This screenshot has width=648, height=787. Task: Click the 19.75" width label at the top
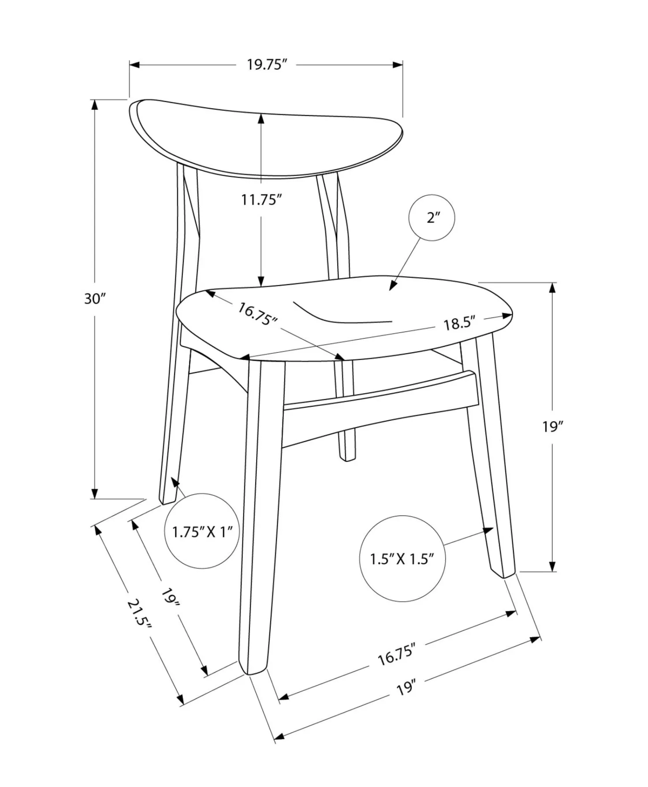pyautogui.click(x=267, y=65)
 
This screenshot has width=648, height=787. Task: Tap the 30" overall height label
pyautogui.click(x=96, y=299)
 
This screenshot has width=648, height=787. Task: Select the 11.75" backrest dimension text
pyautogui.click(x=261, y=200)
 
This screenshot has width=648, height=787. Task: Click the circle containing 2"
pyautogui.click(x=432, y=217)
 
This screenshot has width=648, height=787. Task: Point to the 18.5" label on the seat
pyautogui.click(x=459, y=323)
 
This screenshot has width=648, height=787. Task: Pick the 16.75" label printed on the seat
pyautogui.click(x=257, y=314)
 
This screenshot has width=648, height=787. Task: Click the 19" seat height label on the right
pyautogui.click(x=553, y=427)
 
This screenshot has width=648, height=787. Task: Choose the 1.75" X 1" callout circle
pyautogui.click(x=202, y=531)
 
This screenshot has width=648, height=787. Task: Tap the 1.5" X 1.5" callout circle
pyautogui.click(x=402, y=558)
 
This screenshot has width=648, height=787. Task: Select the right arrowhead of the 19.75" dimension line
pyautogui.click(x=397, y=65)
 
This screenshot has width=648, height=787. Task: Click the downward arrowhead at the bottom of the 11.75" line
pyautogui.click(x=261, y=281)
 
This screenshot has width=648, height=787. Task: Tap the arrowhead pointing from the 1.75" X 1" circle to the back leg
pyautogui.click(x=175, y=482)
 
